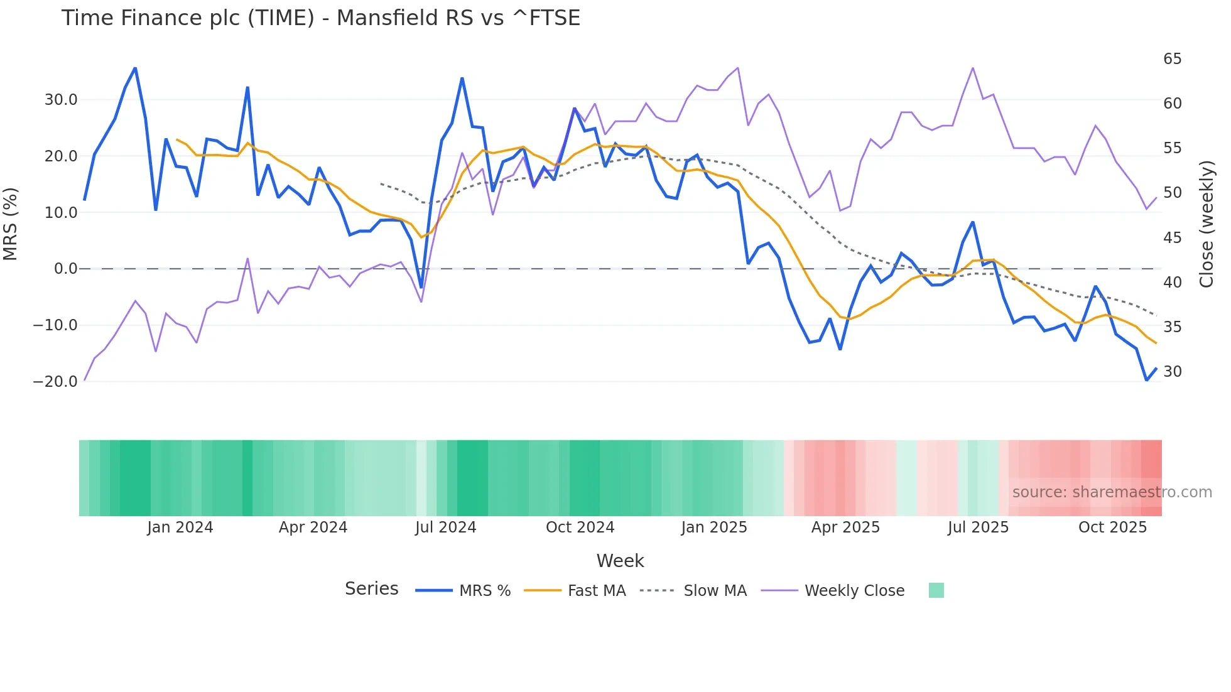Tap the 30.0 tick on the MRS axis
[x=61, y=100]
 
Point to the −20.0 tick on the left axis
[x=55, y=382]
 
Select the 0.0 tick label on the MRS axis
[x=65, y=269]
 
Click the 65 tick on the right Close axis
[x=1172, y=59]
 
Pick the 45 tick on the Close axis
[x=1172, y=238]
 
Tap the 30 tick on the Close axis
[x=1172, y=372]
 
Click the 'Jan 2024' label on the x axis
[x=180, y=527]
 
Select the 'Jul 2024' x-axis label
[x=446, y=527]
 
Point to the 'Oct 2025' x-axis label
[x=1112, y=527]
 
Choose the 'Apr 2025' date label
[x=845, y=527]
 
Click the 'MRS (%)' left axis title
[x=11, y=224]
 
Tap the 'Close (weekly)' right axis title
[x=1207, y=224]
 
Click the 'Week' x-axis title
[x=620, y=561]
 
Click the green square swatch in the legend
[x=936, y=590]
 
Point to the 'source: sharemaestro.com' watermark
[x=1112, y=492]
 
